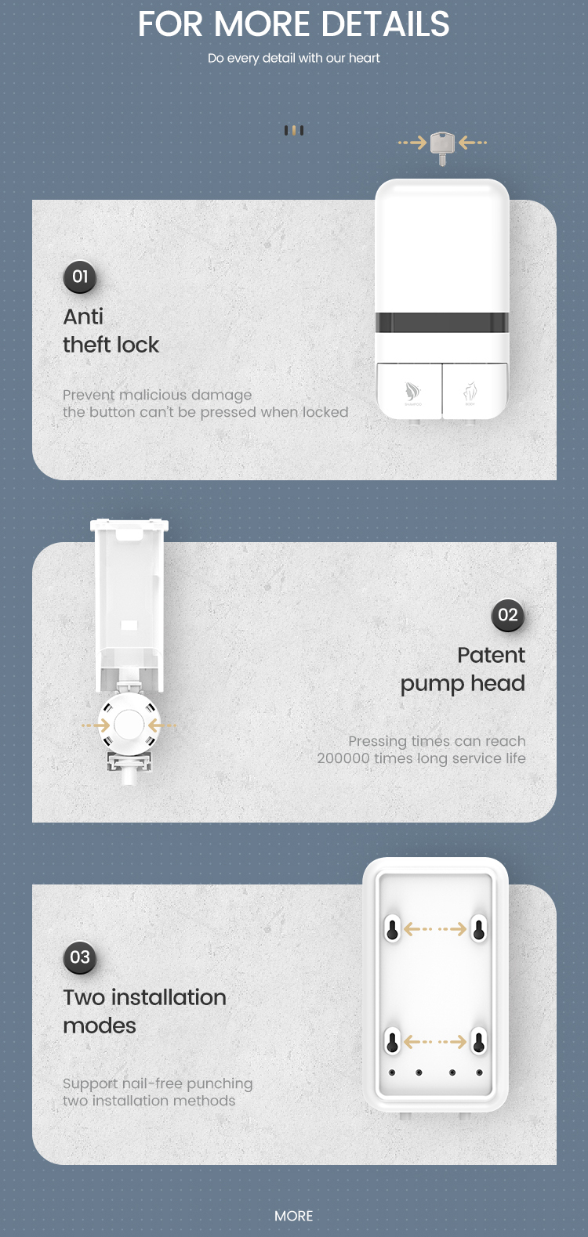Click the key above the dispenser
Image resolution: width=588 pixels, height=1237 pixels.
tap(442, 148)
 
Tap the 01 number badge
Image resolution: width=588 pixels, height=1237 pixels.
tap(80, 277)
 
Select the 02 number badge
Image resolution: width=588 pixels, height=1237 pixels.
tap(507, 615)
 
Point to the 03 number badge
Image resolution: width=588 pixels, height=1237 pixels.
tap(80, 957)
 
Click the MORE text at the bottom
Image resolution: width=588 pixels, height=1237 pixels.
tap(293, 1216)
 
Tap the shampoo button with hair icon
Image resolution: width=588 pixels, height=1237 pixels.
tap(409, 390)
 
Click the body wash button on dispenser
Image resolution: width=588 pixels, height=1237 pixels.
tap(474, 390)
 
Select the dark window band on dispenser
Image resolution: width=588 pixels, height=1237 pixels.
tap(442, 323)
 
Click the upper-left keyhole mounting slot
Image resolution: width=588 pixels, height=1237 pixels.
tap(392, 929)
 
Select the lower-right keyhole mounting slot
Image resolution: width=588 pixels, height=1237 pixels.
tap(478, 1042)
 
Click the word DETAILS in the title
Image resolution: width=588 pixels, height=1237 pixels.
tap(385, 24)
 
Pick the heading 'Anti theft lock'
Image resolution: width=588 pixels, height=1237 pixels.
tap(111, 331)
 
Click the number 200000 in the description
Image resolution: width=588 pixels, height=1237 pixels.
tap(343, 758)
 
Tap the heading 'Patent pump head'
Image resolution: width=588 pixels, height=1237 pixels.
tap(463, 669)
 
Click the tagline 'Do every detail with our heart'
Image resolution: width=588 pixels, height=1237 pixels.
tap(293, 58)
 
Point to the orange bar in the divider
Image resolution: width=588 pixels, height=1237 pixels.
tap(294, 130)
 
